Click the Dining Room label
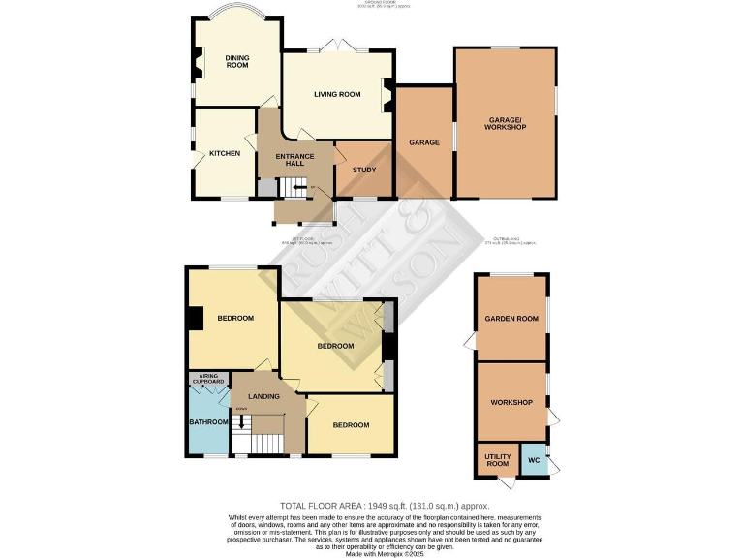[x=237, y=63]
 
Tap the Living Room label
[x=336, y=94]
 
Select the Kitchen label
[x=225, y=153]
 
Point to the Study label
[x=364, y=170]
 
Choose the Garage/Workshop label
[x=506, y=123]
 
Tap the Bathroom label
[x=208, y=422]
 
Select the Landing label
[x=263, y=396]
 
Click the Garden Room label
[x=511, y=319]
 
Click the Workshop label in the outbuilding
[x=511, y=403]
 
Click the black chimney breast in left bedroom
[x=194, y=319]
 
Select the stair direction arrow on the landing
[x=241, y=421]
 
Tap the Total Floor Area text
[x=385, y=507]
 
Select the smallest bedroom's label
[x=351, y=425]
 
